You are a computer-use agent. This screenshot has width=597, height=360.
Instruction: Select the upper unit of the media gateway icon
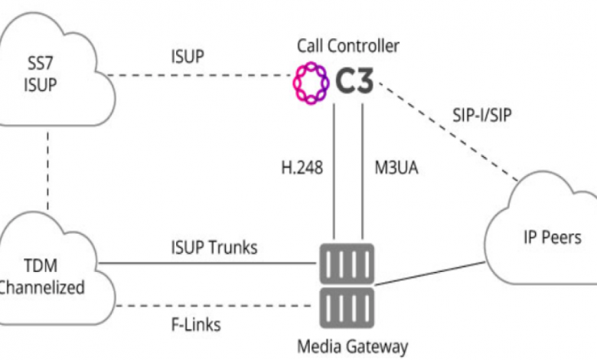(347, 263)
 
